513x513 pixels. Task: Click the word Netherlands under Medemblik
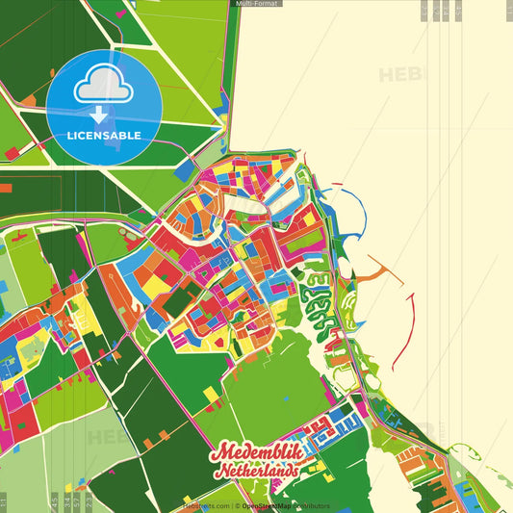click(x=256, y=473)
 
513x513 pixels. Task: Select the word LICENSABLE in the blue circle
click(x=104, y=136)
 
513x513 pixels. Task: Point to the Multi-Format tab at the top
click(x=257, y=4)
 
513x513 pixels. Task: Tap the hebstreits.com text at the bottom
click(x=208, y=505)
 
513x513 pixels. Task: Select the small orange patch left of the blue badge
click(x=11, y=152)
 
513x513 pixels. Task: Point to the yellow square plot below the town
click(x=211, y=394)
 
